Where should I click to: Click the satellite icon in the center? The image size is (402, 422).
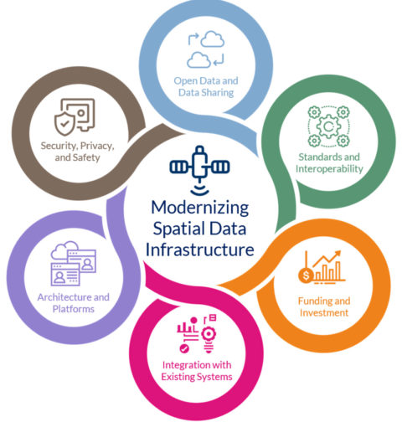click(199, 170)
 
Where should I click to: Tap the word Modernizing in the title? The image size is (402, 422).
click(200, 208)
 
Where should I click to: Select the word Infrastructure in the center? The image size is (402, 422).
click(200, 250)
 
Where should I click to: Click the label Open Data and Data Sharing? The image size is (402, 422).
click(206, 86)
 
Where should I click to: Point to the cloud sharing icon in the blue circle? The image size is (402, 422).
click(206, 49)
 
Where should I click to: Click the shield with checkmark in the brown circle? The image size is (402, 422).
click(64, 124)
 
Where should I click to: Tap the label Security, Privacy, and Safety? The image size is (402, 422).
click(77, 152)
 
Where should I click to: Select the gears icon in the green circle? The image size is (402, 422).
click(328, 126)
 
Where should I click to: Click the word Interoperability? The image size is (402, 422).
click(329, 169)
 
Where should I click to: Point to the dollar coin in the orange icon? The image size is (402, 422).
click(307, 275)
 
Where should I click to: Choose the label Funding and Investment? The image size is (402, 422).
click(324, 306)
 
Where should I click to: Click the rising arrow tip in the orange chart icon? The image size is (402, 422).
click(340, 251)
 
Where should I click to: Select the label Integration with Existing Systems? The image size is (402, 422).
click(197, 371)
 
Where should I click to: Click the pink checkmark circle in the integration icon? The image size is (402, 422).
click(184, 348)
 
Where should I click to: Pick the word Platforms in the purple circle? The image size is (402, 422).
click(74, 309)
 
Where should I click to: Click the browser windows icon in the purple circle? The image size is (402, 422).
click(74, 263)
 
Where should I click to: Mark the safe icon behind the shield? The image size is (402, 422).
click(80, 113)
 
